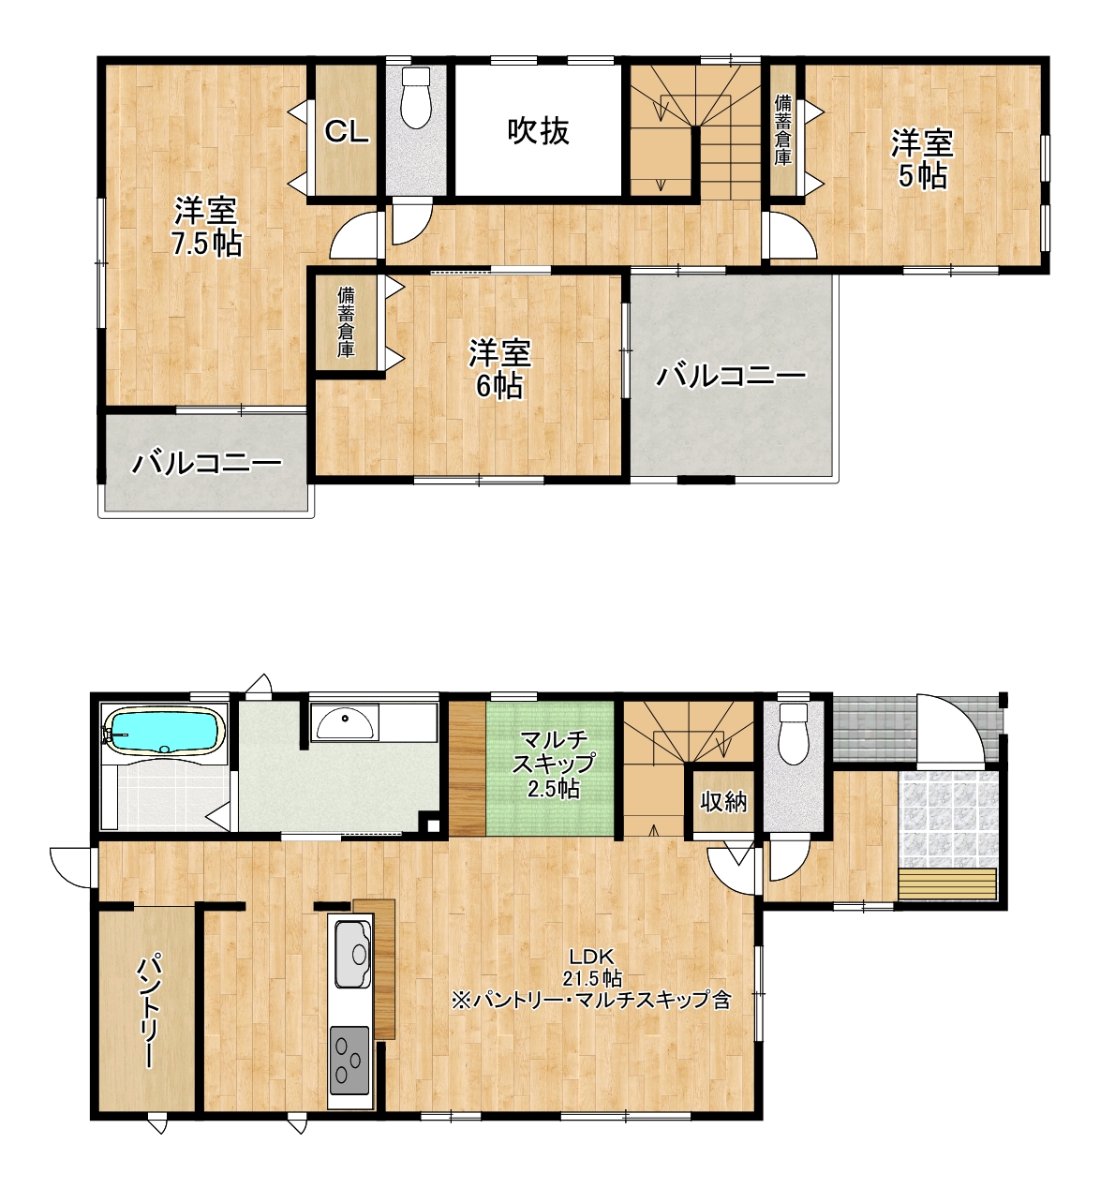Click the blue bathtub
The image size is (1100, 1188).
(164, 731)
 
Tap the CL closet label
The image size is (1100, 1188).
(347, 131)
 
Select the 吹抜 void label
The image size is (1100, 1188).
(539, 131)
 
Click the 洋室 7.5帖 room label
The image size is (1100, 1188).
(207, 228)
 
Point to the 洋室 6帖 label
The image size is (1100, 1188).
(499, 369)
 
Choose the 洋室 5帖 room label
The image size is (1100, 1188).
(922, 159)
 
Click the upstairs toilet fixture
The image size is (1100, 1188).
(417, 97)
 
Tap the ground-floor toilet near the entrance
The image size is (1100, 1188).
(794, 735)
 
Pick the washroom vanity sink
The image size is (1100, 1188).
(346, 724)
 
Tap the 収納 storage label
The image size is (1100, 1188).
(724, 802)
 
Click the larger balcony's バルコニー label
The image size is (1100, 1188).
(732, 377)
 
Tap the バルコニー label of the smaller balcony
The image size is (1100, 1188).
(206, 464)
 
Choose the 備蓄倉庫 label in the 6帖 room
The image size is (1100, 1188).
(346, 321)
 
